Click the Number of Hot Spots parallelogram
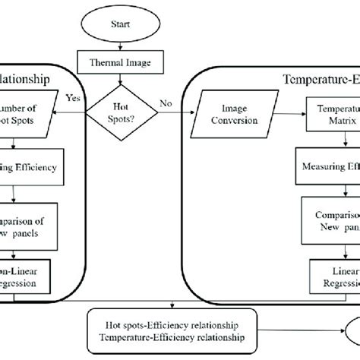coord(27,118)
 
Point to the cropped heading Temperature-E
coord(319,78)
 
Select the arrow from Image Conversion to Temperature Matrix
coord(290,118)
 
